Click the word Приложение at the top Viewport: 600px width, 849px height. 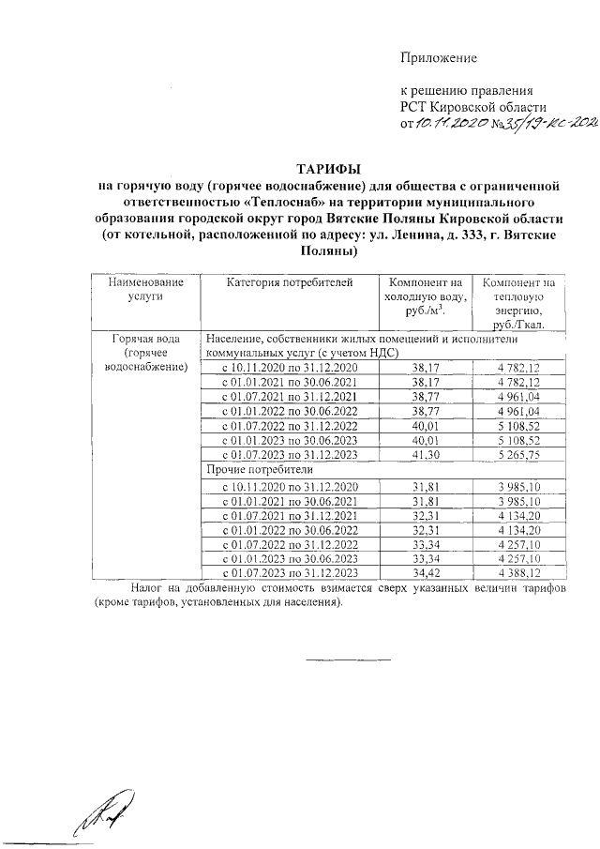(x=439, y=58)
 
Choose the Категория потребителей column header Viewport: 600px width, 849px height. (x=290, y=281)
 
